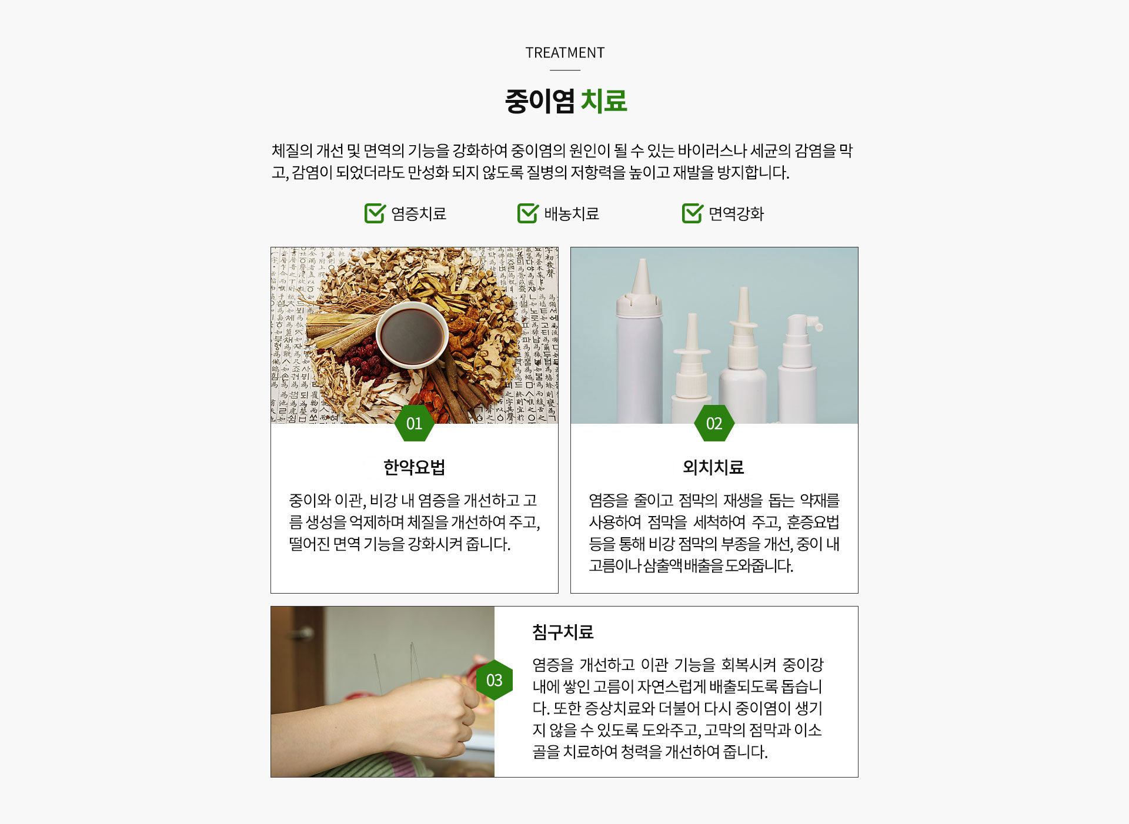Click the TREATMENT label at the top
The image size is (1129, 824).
pyautogui.click(x=564, y=53)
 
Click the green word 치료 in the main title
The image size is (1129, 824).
pyautogui.click(x=604, y=101)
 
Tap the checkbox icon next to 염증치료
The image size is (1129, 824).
pyautogui.click(x=375, y=213)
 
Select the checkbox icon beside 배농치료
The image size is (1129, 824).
pyautogui.click(x=527, y=213)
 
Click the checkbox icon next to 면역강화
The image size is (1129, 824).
pyautogui.click(x=692, y=213)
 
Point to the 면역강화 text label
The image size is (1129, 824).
pyautogui.click(x=736, y=214)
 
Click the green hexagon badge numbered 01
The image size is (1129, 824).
pyautogui.click(x=414, y=423)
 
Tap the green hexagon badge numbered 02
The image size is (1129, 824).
pyautogui.click(x=714, y=423)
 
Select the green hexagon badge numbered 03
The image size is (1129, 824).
pyautogui.click(x=494, y=680)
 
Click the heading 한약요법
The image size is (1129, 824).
pyautogui.click(x=414, y=467)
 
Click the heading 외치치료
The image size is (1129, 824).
pyautogui.click(x=713, y=467)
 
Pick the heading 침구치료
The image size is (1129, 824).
pyautogui.click(x=563, y=632)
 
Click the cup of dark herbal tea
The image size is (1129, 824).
pyautogui.click(x=412, y=336)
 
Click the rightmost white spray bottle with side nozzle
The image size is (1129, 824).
pyautogui.click(x=799, y=370)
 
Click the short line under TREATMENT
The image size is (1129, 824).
pyautogui.click(x=564, y=70)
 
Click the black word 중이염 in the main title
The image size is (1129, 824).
pyautogui.click(x=539, y=101)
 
